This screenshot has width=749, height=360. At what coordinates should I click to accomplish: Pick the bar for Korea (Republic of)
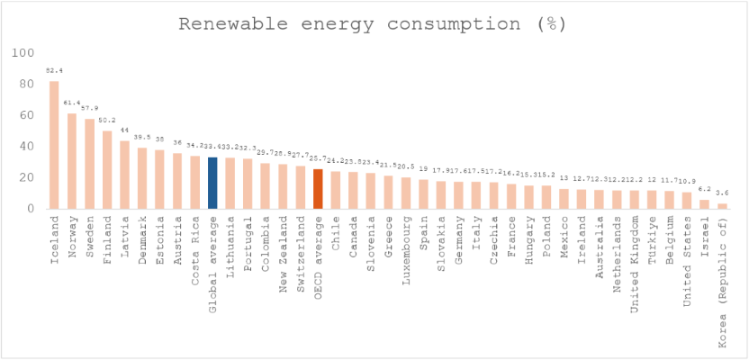(x=722, y=206)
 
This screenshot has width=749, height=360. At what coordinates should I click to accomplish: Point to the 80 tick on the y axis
(x=29, y=85)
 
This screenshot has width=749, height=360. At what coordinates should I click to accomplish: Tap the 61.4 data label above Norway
(x=72, y=103)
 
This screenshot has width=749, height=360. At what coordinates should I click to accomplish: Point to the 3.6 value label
(x=722, y=193)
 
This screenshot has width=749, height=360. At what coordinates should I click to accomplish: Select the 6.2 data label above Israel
(x=705, y=189)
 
